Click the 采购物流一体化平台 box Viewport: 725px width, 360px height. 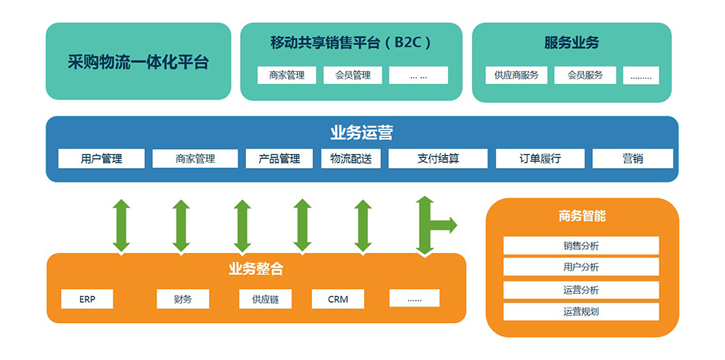pos(138,62)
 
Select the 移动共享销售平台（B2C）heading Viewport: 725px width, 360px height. pos(351,42)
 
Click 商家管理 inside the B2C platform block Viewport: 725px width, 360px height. pos(287,76)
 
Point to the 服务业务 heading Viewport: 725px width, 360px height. pos(571,42)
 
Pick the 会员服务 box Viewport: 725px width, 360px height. pos(585,76)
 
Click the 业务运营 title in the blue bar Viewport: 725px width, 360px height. pos(362,133)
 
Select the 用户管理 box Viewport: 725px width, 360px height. pos(101,159)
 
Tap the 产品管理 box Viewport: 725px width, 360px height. pos(278,159)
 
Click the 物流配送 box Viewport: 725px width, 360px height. pos(351,159)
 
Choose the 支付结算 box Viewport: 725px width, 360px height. pos(438,159)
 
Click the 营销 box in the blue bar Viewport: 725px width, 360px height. pos(632,159)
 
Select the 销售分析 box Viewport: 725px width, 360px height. pos(581,246)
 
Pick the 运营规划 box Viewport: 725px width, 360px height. pos(581,312)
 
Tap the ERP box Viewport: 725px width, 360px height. pos(87,299)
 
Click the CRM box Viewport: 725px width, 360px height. pos(338,299)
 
